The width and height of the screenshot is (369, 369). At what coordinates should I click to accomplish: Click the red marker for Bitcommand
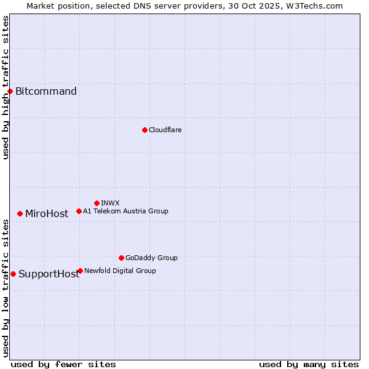[10, 92]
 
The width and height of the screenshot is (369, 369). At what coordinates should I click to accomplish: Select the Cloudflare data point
[145, 130]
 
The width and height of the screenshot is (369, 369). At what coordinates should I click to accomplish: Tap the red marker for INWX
[97, 203]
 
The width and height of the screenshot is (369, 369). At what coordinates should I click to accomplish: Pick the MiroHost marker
[20, 213]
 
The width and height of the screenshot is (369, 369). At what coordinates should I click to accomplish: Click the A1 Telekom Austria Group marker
[79, 211]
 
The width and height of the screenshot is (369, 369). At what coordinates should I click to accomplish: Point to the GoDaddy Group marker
[121, 258]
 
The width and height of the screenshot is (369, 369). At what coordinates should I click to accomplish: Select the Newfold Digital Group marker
[80, 271]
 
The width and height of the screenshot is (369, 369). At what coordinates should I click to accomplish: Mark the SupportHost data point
[13, 274]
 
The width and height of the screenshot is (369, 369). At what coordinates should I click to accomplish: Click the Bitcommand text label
[46, 92]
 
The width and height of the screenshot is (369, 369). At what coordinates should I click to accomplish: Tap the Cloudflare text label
[165, 130]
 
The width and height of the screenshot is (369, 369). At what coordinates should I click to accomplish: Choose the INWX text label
[110, 203]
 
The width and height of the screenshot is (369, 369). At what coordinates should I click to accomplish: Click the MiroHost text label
[47, 214]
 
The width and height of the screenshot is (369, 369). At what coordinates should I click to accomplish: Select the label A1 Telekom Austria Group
[125, 211]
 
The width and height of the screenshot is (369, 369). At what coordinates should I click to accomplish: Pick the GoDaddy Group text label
[151, 258]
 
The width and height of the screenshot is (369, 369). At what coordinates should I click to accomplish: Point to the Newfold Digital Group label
[120, 271]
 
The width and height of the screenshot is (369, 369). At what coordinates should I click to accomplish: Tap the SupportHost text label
[49, 274]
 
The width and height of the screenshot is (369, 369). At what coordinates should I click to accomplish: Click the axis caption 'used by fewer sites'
[63, 364]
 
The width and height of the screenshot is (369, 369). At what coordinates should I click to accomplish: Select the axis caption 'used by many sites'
[309, 364]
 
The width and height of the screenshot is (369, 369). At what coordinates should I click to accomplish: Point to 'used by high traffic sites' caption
[6, 87]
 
